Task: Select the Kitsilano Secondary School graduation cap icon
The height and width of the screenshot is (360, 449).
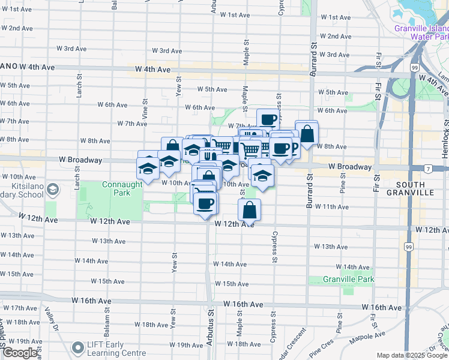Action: click(52, 190)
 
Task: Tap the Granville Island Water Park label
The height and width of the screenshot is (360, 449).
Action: click(421, 32)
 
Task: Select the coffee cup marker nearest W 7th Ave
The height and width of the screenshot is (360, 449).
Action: click(268, 119)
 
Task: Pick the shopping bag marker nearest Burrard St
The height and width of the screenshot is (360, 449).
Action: click(307, 133)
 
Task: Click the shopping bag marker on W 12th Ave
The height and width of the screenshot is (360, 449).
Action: click(249, 210)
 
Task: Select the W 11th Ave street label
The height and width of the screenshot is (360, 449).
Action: click(331, 206)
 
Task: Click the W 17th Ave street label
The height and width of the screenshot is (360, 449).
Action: click(20, 308)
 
